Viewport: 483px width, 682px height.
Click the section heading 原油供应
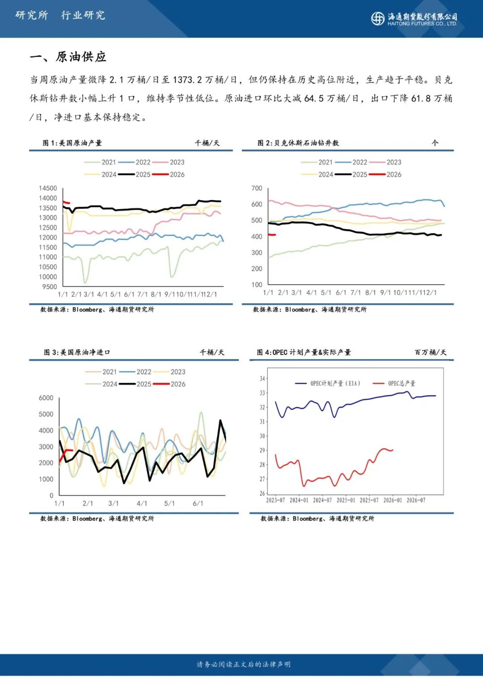(x=81, y=57)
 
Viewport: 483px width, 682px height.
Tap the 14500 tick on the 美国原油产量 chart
(x=48, y=188)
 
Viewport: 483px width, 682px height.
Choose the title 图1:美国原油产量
(x=72, y=143)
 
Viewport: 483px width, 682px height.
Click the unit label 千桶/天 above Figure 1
(x=207, y=143)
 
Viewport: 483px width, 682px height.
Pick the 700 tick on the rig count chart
(x=257, y=188)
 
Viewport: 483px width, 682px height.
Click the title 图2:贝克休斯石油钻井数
(x=298, y=143)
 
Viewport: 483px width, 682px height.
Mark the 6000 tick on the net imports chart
(x=46, y=398)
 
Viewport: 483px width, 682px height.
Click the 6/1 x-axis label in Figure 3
(x=198, y=503)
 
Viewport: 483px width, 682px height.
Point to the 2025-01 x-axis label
(x=346, y=500)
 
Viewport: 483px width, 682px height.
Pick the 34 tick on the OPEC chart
(x=262, y=379)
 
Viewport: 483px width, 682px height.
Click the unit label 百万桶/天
(x=430, y=352)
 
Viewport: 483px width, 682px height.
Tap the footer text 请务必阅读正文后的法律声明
(x=244, y=665)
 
